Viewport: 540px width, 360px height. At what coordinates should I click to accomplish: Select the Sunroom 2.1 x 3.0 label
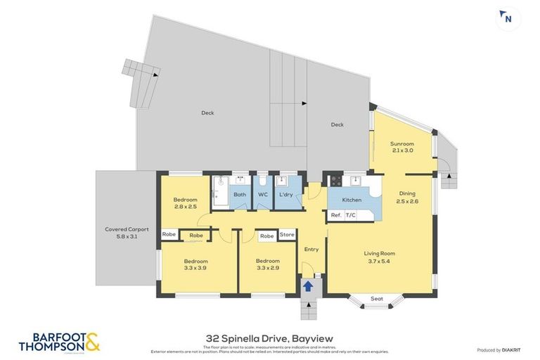coord(403,147)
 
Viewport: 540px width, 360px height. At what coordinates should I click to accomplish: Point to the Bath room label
coord(240,195)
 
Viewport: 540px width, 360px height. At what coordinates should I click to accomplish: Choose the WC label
coord(262,195)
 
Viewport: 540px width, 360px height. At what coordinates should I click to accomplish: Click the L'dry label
coord(285,195)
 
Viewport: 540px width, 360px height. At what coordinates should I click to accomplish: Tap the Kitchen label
coord(352,200)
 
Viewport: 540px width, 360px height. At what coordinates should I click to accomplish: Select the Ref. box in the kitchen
coord(336,215)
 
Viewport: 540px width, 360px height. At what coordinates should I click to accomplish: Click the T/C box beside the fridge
coord(351,215)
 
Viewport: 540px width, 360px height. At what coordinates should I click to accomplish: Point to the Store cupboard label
coord(287,235)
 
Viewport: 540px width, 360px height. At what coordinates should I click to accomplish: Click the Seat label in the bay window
coord(377,299)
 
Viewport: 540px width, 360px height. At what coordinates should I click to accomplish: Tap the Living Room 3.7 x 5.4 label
coord(379,257)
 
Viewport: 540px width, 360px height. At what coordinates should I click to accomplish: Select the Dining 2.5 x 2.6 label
coord(408,198)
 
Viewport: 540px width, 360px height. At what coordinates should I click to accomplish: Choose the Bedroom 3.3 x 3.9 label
coord(196,264)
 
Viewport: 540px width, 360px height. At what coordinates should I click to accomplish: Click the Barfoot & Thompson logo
coord(59,342)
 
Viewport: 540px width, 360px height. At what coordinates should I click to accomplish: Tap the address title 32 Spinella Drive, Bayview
coord(269,339)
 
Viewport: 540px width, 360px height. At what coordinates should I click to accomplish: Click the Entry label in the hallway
coord(311,249)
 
